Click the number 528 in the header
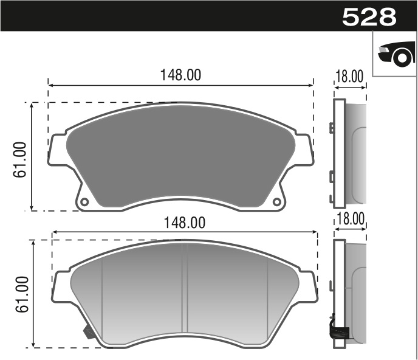point(369,16)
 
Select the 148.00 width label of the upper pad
point(180,75)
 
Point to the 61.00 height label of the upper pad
point(21,159)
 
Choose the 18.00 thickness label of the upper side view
point(349,77)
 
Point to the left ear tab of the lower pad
point(61,286)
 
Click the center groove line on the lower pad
point(187,292)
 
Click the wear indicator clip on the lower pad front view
point(87,332)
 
